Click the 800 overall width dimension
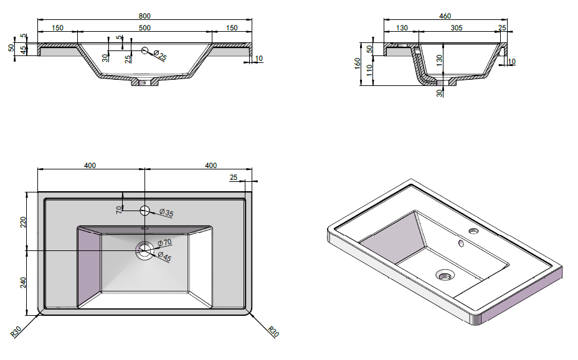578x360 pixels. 144,16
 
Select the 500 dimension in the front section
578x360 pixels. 144,27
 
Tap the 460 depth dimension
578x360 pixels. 445,16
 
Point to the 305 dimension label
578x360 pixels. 457,27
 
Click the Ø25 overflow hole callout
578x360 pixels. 160,55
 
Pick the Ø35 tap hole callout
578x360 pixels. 166,212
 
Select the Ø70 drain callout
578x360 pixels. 164,242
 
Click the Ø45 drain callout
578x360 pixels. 164,256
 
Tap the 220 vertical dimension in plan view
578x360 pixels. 23,222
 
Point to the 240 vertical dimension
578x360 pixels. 23,283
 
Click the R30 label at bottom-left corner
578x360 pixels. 16,331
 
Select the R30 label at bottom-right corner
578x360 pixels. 273,331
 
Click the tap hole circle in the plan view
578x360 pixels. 144,211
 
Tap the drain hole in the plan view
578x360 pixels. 144,251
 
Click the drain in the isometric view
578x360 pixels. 445,275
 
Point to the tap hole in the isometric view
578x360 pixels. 473,232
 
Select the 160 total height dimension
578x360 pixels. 357,64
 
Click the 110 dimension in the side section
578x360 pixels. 369,70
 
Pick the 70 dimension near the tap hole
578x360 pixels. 119,210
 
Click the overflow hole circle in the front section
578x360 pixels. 145,50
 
